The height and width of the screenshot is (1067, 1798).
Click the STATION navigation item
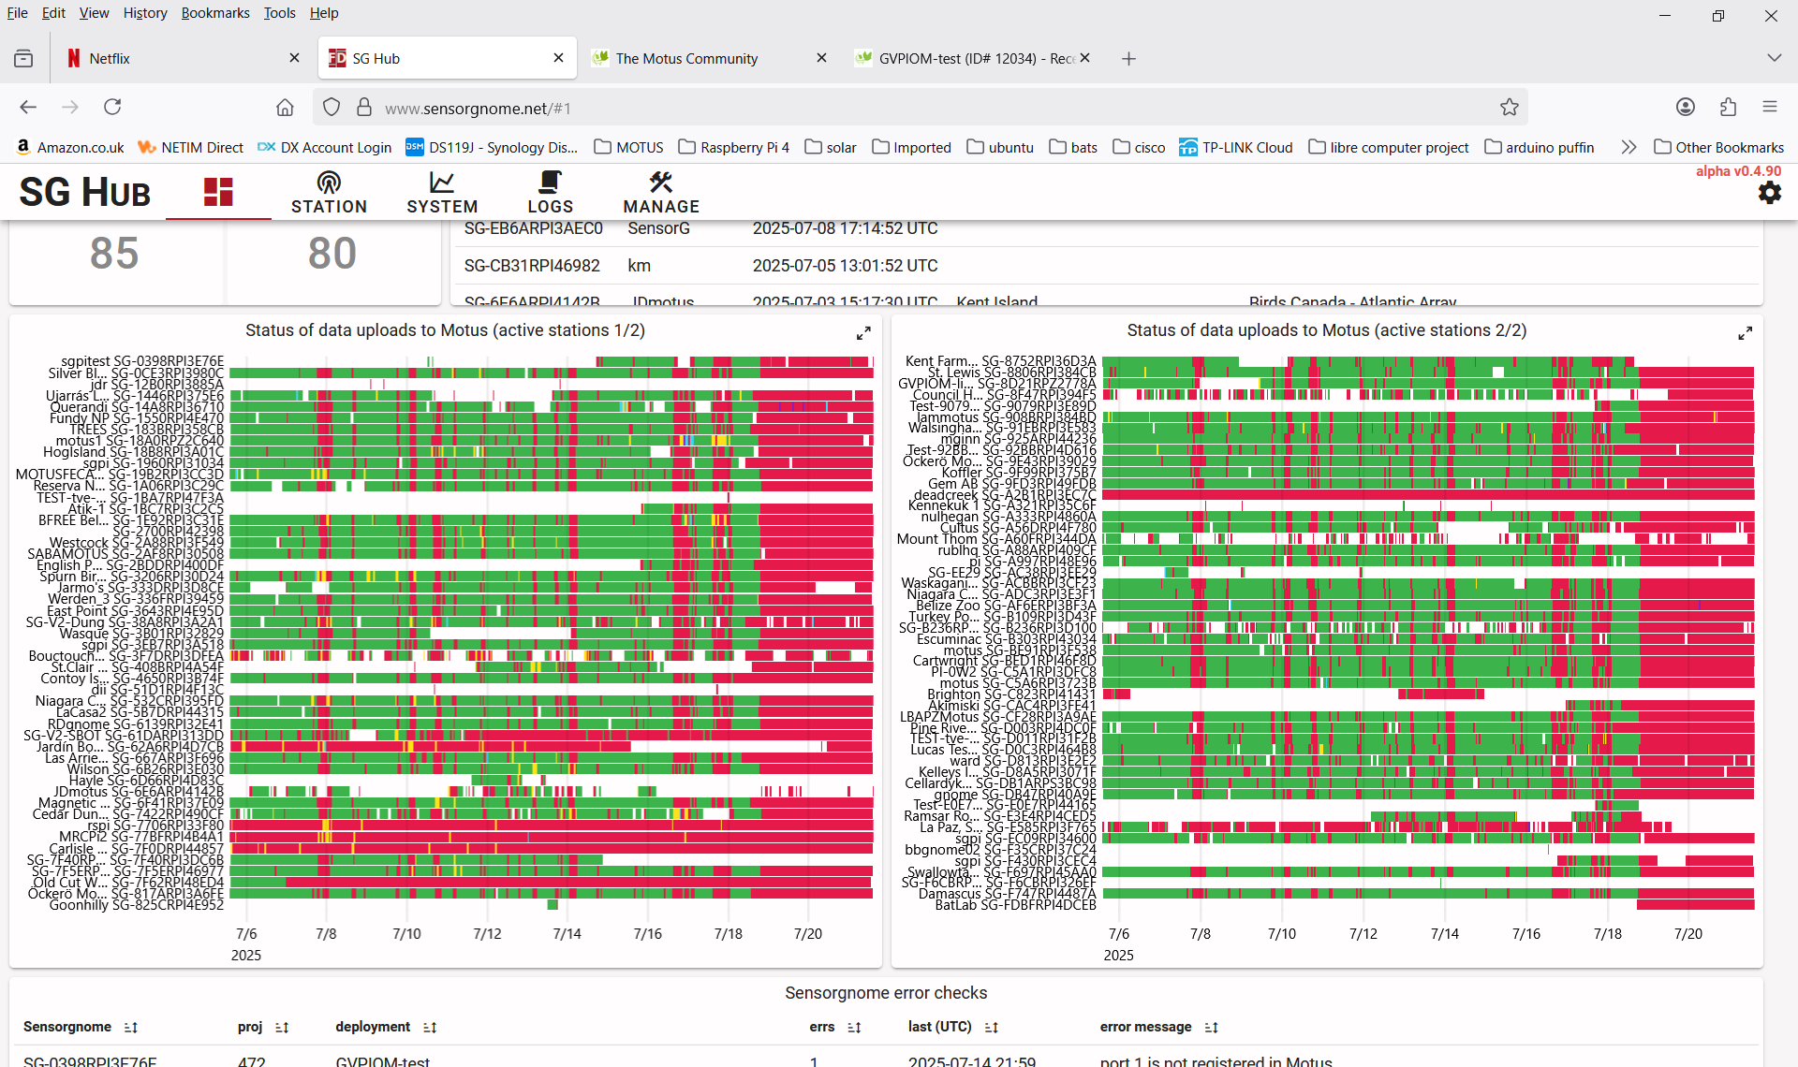(329, 193)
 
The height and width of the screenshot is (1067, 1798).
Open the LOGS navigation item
(550, 193)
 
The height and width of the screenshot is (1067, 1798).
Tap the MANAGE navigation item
(661, 193)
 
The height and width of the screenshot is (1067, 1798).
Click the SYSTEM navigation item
(442, 193)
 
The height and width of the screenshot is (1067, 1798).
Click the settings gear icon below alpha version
(1769, 193)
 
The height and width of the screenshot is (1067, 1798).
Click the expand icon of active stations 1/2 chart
(863, 333)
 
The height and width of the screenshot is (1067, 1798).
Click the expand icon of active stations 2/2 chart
(1745, 333)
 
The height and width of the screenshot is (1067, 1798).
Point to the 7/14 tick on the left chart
(567, 934)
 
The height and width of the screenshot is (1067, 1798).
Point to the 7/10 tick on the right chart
(1282, 934)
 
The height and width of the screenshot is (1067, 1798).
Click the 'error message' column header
(1145, 1027)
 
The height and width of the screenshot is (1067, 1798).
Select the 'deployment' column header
(373, 1027)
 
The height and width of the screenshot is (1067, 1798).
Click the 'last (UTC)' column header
(939, 1027)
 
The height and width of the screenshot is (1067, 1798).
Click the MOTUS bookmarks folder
(628, 147)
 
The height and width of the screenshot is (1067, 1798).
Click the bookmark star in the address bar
(1509, 108)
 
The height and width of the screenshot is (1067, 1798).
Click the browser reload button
(112, 107)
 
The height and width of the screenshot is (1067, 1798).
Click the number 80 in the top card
(332, 254)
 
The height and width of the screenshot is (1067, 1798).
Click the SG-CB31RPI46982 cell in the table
(532, 266)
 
